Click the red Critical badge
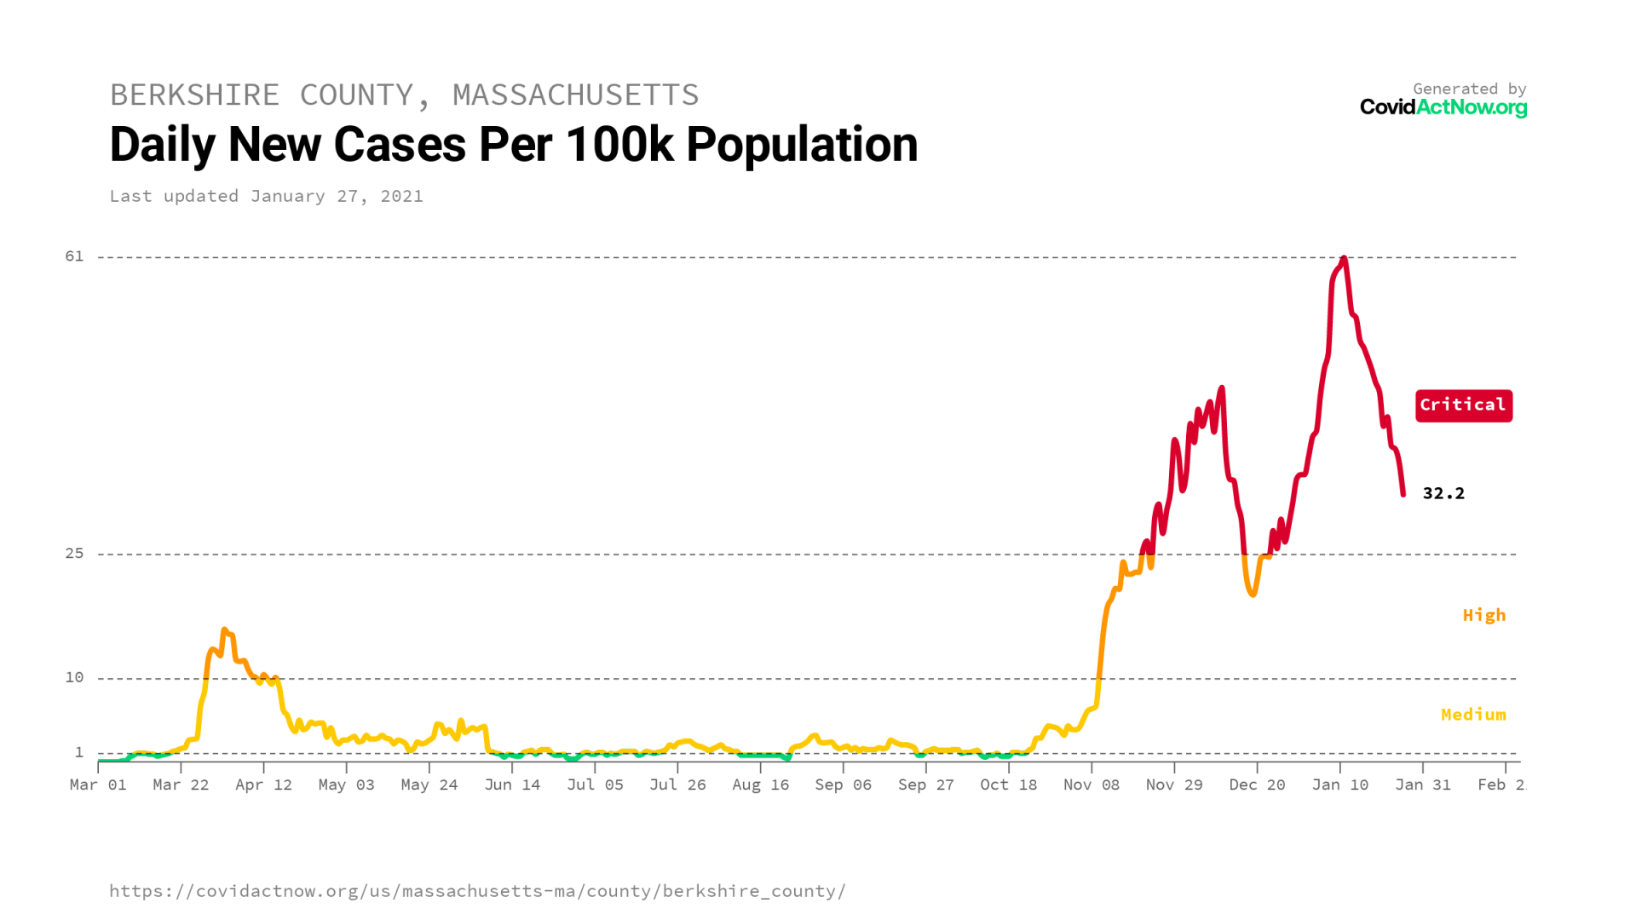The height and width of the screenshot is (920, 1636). [x=1463, y=405]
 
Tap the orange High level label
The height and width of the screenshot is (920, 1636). [x=1483, y=615]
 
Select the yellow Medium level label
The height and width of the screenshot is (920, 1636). [x=1472, y=715]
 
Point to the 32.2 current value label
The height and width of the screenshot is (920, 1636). [x=1443, y=493]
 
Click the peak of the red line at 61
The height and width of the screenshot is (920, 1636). [x=1344, y=258]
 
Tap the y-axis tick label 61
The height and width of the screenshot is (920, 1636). [x=75, y=256]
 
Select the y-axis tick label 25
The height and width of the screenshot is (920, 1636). [x=75, y=554]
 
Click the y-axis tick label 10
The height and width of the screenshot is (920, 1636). [x=75, y=677]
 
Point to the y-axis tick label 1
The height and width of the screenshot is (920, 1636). [x=79, y=752]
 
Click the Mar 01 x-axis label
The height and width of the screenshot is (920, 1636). [x=98, y=785]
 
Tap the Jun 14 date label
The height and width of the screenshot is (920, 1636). [x=512, y=785]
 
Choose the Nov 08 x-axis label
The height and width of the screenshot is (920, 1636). [x=1091, y=785]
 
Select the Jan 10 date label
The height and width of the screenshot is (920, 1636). [x=1339, y=785]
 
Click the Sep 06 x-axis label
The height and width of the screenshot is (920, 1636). [x=843, y=785]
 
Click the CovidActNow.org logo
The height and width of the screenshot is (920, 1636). [x=1443, y=107]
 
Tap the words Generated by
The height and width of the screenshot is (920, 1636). [x=1469, y=89]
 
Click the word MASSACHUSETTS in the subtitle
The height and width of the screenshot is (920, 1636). [x=575, y=95]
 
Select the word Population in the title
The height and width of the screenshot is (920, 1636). [x=802, y=145]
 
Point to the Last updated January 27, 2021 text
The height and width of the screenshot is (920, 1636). [x=266, y=196]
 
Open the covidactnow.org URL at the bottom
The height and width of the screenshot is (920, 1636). [x=477, y=891]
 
